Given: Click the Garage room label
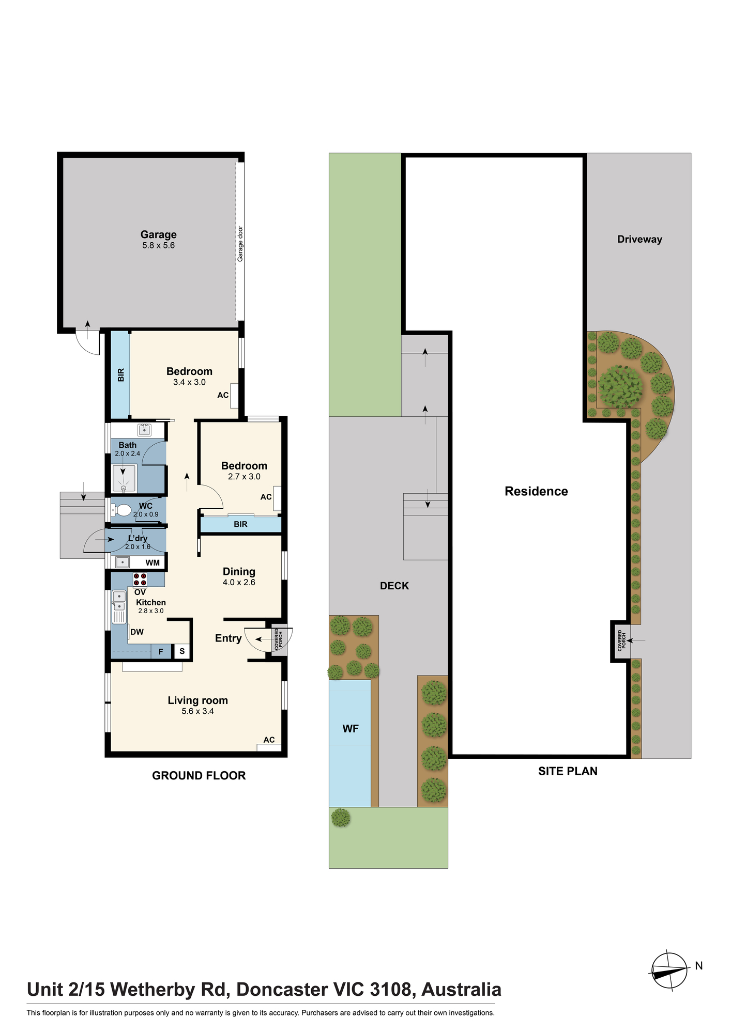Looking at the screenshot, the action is click(159, 234).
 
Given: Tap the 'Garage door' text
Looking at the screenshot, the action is click(240, 244).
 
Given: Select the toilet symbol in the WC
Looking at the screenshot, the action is click(120, 510).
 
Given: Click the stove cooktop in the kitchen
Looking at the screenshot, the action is click(140, 580).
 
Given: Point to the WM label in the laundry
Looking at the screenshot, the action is click(153, 562).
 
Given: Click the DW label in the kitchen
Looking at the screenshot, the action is click(137, 632).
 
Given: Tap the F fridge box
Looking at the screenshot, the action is click(161, 652).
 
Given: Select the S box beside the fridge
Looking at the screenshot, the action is click(182, 651).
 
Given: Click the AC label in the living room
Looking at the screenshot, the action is click(269, 740).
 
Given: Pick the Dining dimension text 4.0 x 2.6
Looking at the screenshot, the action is click(239, 582).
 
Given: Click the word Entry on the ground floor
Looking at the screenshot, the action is click(229, 638).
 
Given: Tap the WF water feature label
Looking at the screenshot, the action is click(351, 729).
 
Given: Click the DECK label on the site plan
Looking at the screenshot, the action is click(394, 586).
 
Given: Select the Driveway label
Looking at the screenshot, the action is click(639, 239).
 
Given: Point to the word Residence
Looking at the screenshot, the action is click(536, 491).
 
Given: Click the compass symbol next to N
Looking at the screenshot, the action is click(669, 971).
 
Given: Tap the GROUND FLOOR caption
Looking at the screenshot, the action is click(199, 775).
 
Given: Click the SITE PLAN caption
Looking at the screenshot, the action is click(568, 771).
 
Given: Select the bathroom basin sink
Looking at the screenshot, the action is click(144, 430).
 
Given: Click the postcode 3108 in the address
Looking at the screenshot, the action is click(391, 990).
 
